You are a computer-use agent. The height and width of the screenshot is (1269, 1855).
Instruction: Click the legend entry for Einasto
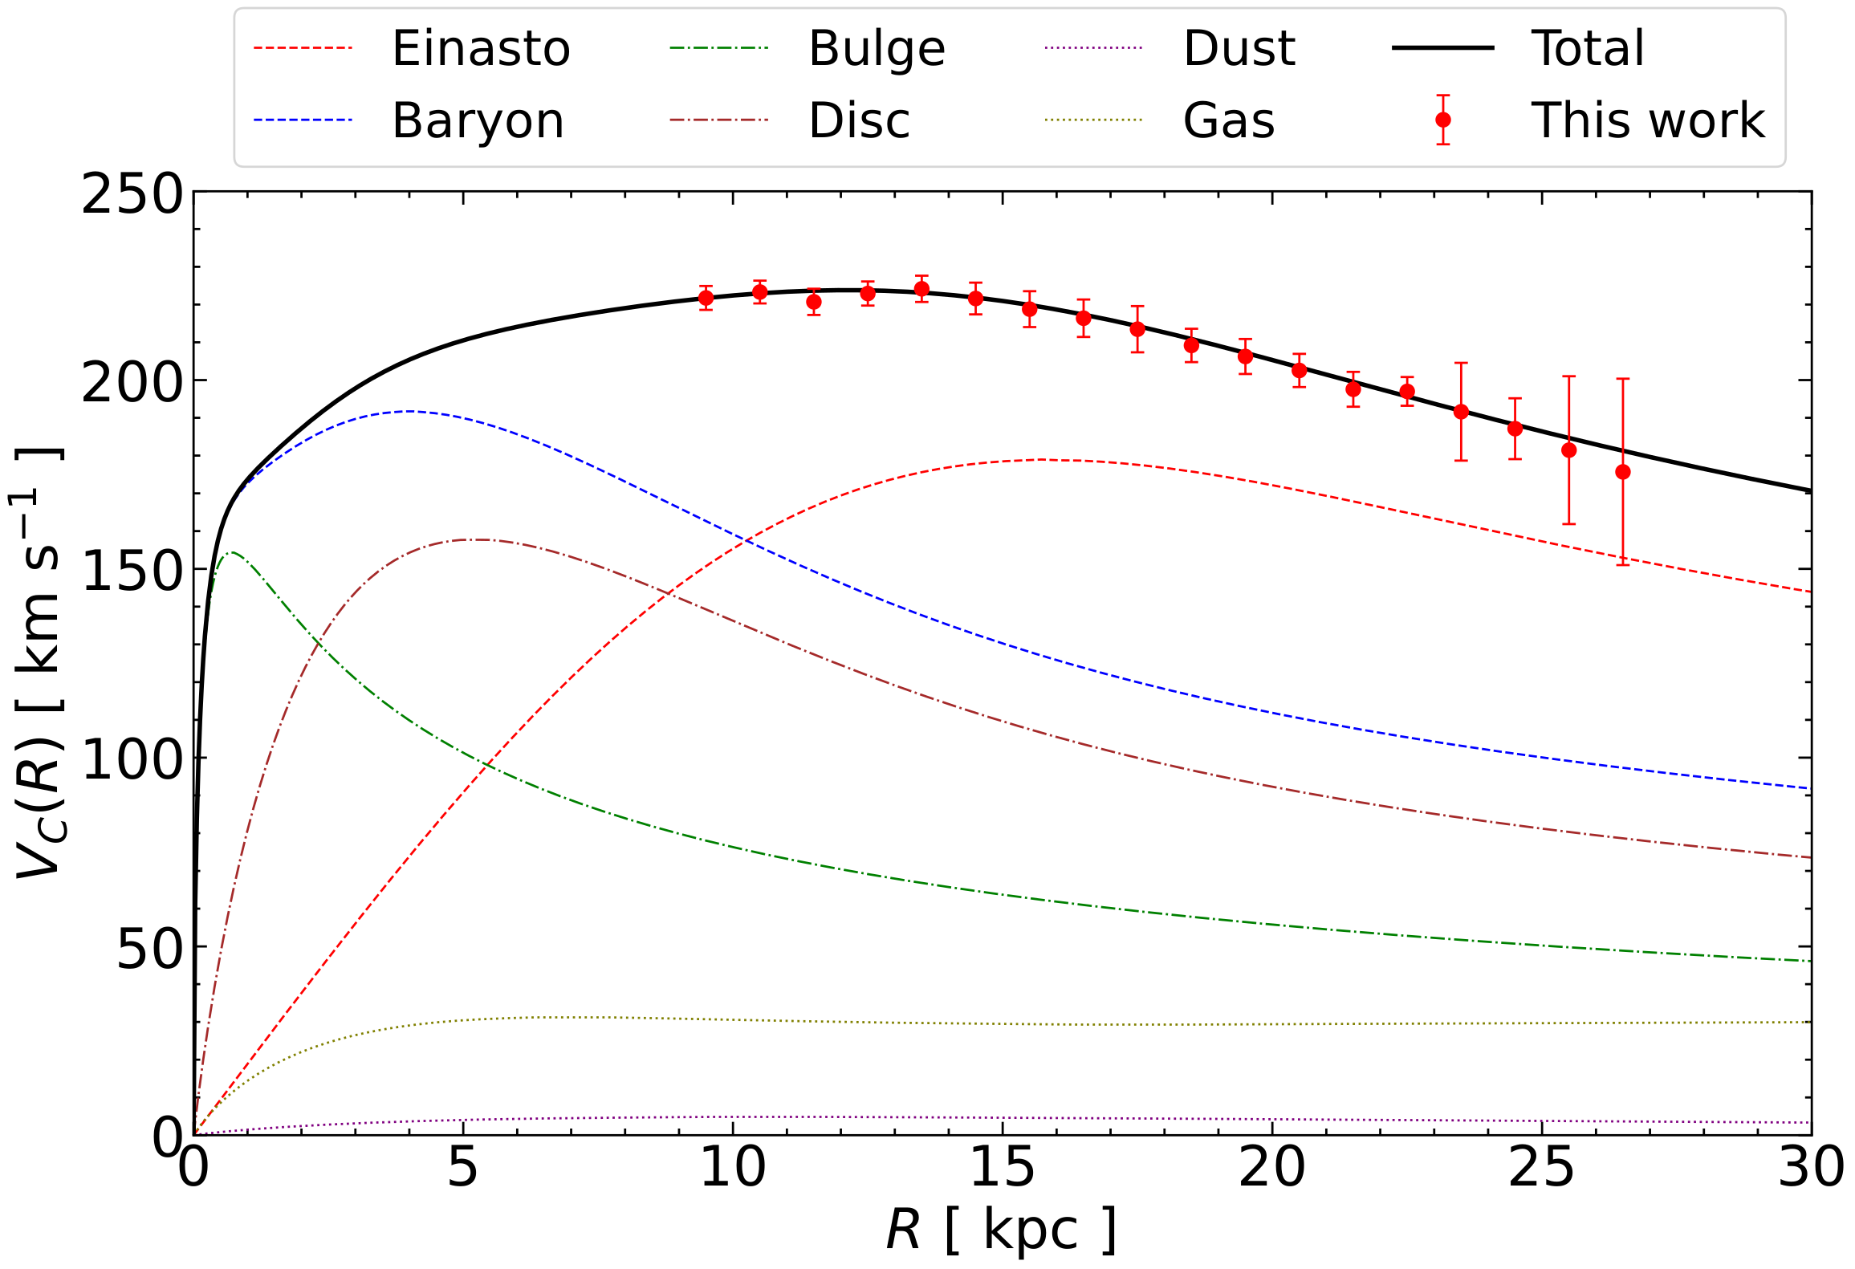point(480,48)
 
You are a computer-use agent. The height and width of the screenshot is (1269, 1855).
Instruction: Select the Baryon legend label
point(478,120)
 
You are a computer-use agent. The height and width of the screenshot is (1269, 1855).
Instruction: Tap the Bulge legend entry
point(877,48)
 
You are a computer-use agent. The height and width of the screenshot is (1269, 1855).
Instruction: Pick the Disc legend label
point(859,120)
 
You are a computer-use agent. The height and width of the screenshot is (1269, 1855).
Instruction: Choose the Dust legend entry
point(1239,48)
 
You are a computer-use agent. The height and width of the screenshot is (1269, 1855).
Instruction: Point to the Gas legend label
point(1228,120)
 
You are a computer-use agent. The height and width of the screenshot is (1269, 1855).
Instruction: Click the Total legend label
point(1587,48)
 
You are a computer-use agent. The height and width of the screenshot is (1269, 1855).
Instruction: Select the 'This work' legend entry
point(1647,120)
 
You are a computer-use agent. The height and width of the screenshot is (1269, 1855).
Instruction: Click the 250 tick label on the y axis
point(132,194)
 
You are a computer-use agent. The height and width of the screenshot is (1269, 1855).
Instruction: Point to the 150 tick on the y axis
point(132,571)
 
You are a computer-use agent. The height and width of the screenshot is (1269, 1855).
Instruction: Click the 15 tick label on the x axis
point(1003,1168)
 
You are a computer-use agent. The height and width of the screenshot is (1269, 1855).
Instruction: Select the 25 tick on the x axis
point(1541,1168)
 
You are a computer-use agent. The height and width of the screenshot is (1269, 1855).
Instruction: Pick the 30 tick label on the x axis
point(1811,1168)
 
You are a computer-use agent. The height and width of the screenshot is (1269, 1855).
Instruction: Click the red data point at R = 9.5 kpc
point(706,298)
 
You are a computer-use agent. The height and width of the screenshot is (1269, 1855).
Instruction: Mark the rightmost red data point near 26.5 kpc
point(1623,472)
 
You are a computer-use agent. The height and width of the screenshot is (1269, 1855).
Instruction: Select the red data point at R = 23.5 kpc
point(1461,412)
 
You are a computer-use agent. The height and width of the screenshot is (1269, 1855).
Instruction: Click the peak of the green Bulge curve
point(231,552)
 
